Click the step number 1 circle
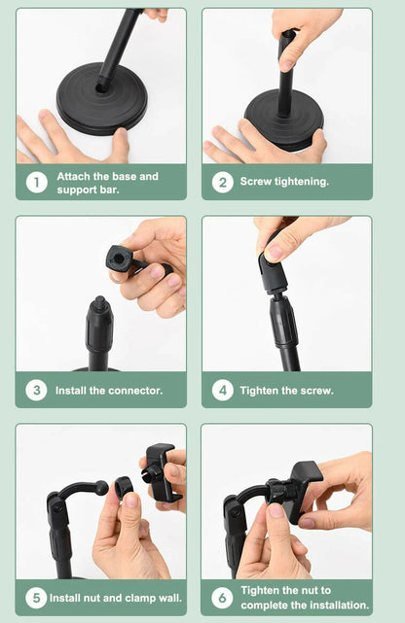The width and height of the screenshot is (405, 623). click(x=37, y=183)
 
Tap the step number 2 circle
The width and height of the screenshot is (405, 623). click(x=222, y=183)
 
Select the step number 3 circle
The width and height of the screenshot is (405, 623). click(x=37, y=390)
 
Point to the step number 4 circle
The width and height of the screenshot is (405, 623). click(x=223, y=390)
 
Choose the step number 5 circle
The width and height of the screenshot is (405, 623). click(x=36, y=598)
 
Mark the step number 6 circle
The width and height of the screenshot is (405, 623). click(x=222, y=598)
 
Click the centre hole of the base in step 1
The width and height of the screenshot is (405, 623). click(x=102, y=87)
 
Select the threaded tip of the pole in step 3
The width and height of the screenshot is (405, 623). click(x=100, y=302)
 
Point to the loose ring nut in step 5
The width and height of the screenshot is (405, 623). click(x=123, y=488)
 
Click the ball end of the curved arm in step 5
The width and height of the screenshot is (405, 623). click(x=101, y=487)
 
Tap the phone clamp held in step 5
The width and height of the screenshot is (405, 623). click(x=162, y=472)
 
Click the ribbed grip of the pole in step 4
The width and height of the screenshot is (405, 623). click(x=284, y=323)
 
